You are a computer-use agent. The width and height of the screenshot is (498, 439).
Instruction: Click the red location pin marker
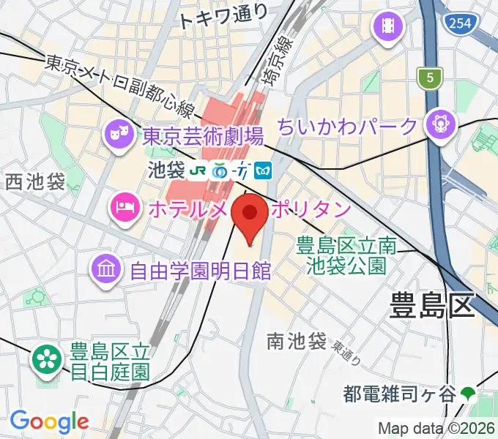coord(250,216)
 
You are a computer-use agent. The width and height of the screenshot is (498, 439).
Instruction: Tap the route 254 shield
coord(458,24)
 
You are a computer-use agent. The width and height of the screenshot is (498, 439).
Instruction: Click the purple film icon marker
coord(389,27)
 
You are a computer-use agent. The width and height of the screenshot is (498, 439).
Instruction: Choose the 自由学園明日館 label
coord(200,272)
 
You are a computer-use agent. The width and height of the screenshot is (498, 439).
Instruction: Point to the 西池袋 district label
coord(35,181)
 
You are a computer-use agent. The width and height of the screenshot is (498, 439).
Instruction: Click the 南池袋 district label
coord(296,340)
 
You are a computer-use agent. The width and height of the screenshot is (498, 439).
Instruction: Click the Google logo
coord(48,421)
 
